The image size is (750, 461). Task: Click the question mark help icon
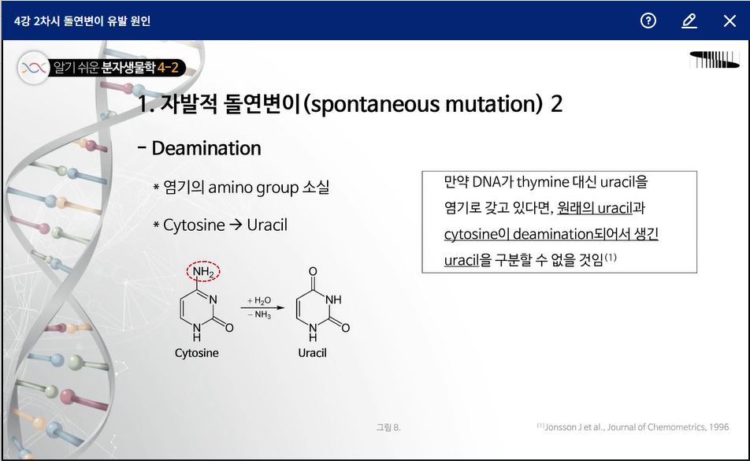pos(648,20)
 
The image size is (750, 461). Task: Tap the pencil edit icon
pos(689,21)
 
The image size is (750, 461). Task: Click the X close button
pos(730,21)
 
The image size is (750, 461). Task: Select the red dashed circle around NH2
pos(203,271)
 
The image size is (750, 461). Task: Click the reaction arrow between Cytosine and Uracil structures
pos(262,307)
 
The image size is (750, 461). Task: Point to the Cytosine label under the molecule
pos(197,353)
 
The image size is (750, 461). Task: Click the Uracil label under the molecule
pos(312,353)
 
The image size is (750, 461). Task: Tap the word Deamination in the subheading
pos(206,148)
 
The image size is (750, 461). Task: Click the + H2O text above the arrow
pos(258,300)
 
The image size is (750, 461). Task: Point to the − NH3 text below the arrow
pos(259,314)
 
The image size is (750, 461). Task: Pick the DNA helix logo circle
pos(33,68)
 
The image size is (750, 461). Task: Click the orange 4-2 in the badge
pos(168,68)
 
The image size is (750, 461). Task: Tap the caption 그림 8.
pos(388,427)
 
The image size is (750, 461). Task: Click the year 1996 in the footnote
pos(719,427)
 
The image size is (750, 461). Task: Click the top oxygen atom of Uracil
pos(313,271)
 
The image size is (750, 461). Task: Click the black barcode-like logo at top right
pos(715,60)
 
